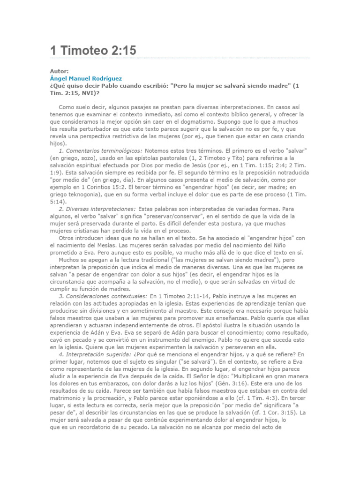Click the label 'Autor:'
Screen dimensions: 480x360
59,71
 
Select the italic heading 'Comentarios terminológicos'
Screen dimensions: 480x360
100,150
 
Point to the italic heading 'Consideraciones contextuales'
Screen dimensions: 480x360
103,296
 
